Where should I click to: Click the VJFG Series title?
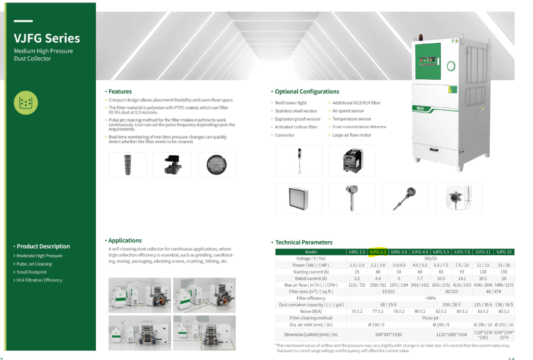click(x=47, y=39)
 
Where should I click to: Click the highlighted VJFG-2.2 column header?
click(x=378, y=252)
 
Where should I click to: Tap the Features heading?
click(x=120, y=92)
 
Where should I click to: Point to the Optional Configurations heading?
click(x=307, y=92)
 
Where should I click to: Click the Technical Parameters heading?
click(x=303, y=243)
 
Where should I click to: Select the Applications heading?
click(x=125, y=241)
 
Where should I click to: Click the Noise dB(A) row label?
click(x=311, y=311)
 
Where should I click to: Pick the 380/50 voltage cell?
click(x=430, y=258)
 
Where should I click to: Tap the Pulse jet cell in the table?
click(x=430, y=318)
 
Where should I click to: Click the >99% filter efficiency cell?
click(x=430, y=298)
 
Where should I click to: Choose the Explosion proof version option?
click(x=297, y=119)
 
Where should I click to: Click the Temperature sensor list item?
click(x=351, y=119)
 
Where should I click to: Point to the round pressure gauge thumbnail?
click(x=217, y=165)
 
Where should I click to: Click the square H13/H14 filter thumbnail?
click(x=298, y=198)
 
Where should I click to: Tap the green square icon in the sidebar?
click(x=26, y=103)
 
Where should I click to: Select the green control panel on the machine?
click(x=427, y=61)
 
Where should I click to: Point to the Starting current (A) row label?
click(x=311, y=272)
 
